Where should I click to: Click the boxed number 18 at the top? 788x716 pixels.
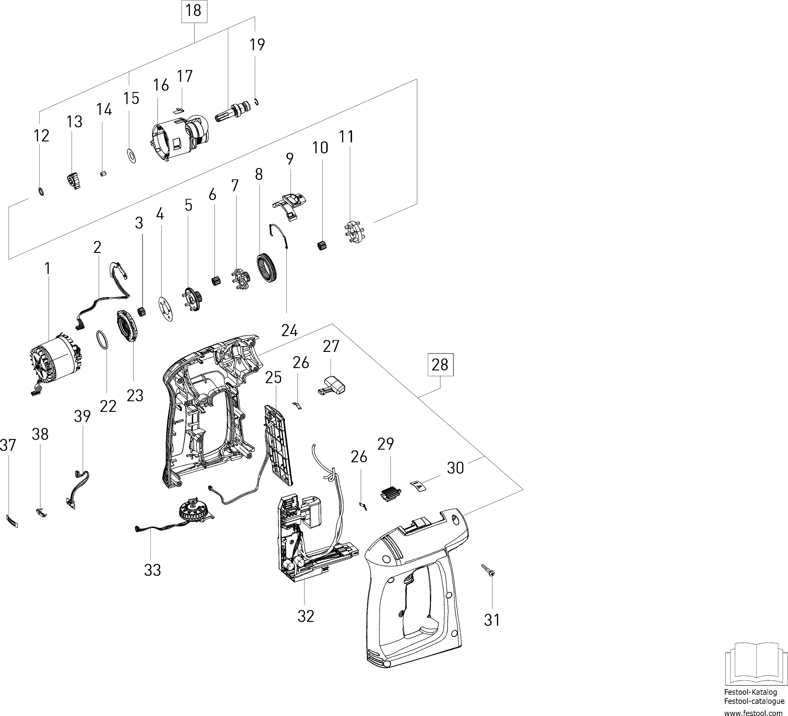pyautogui.click(x=194, y=11)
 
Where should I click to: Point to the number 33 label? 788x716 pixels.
pyautogui.click(x=152, y=570)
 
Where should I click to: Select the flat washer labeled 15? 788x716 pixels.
pyautogui.click(x=132, y=155)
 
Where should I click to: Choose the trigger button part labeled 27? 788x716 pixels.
pyautogui.click(x=333, y=385)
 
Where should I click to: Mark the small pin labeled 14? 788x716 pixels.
pyautogui.click(x=103, y=174)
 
